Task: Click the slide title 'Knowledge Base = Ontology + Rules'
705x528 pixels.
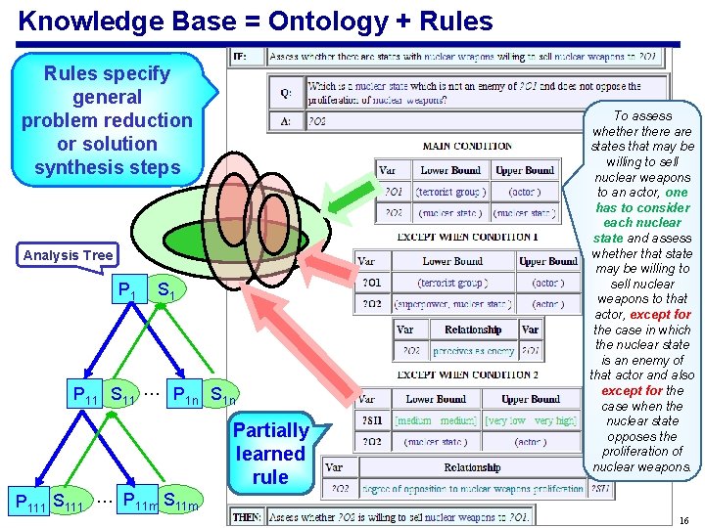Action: (x=256, y=20)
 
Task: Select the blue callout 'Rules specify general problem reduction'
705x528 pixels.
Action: (x=107, y=120)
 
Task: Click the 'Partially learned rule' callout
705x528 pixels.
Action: (x=270, y=454)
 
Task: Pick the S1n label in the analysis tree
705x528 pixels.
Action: (x=222, y=395)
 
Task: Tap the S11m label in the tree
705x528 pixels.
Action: (x=179, y=501)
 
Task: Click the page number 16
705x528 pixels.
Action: (x=683, y=518)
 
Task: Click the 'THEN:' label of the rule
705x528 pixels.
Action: (x=246, y=515)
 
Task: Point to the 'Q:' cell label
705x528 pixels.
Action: (x=285, y=94)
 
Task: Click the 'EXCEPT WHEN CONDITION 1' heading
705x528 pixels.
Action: (x=467, y=236)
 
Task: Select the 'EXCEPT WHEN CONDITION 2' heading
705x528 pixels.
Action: (x=467, y=374)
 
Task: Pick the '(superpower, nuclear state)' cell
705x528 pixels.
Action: (x=451, y=304)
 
